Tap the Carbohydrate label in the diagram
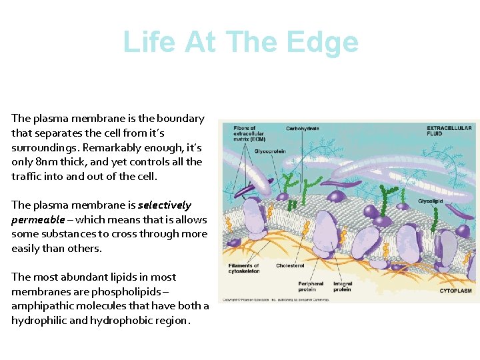[x=303, y=128]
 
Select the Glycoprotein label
[x=270, y=151]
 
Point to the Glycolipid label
[x=432, y=201]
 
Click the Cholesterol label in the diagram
[x=290, y=265]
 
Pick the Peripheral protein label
[x=311, y=287]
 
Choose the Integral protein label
[x=342, y=287]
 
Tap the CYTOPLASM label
[x=455, y=291]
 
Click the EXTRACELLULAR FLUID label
[x=449, y=131]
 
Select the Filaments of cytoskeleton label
[x=244, y=268]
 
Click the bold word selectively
[x=165, y=205]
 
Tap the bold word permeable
[x=38, y=220]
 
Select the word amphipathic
[x=43, y=306]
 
